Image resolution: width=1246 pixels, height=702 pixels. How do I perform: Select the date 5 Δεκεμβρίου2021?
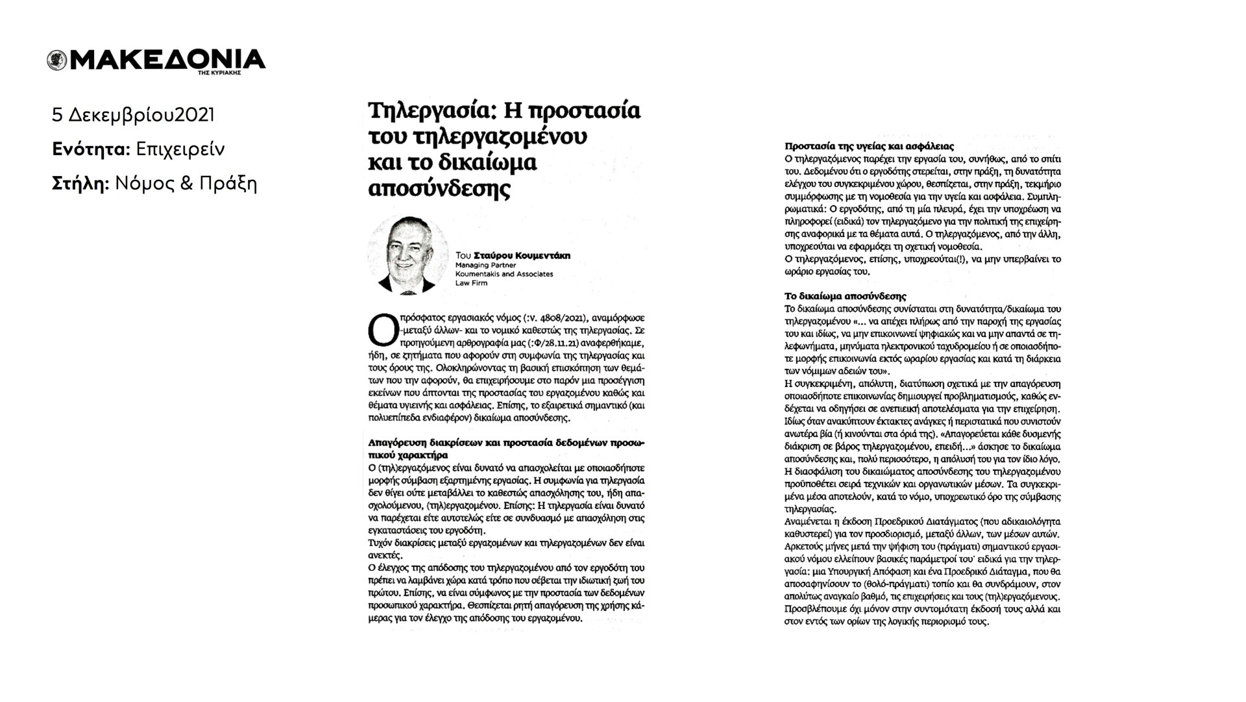pos(133,116)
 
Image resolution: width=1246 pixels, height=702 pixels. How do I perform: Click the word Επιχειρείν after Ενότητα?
pos(180,150)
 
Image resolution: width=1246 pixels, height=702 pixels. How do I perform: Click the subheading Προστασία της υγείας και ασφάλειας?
pos(859,147)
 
